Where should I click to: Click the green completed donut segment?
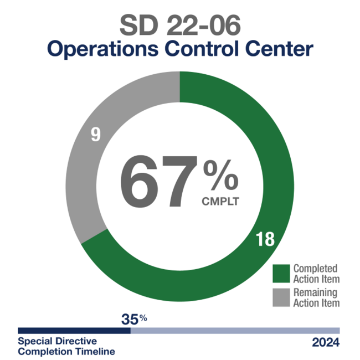(x=271, y=166)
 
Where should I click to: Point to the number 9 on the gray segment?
(x=96, y=135)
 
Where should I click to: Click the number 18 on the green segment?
(x=265, y=240)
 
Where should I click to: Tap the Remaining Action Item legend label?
(x=316, y=297)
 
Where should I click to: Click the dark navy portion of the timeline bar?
(x=74, y=330)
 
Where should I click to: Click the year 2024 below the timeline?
(x=326, y=342)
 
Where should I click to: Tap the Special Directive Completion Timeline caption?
(x=66, y=346)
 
